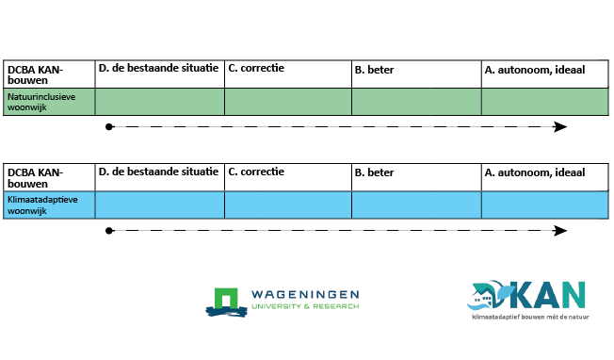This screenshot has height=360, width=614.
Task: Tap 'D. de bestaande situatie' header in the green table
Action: tap(158, 69)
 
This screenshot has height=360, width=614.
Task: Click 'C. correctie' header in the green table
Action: tap(256, 69)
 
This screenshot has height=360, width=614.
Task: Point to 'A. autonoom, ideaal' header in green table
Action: tap(533, 70)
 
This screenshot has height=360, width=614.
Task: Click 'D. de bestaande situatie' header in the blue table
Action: tap(158, 172)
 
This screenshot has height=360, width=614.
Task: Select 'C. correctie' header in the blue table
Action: tap(256, 172)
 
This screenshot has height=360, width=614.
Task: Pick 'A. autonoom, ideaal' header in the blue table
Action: tap(533, 173)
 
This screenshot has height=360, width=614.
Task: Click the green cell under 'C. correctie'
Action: tap(288, 102)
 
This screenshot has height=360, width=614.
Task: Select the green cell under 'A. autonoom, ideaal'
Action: tap(544, 102)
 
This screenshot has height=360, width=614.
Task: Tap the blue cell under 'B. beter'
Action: tap(416, 205)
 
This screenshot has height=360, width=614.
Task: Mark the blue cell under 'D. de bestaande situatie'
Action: tap(159, 205)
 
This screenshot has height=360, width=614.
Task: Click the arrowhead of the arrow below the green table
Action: tap(561, 127)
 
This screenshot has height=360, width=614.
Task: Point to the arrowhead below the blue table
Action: tap(561, 231)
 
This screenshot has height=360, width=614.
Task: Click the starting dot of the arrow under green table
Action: tap(110, 127)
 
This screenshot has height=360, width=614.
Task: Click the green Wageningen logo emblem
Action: tap(225, 301)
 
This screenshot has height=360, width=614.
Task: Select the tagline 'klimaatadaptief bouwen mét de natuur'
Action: tap(530, 318)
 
